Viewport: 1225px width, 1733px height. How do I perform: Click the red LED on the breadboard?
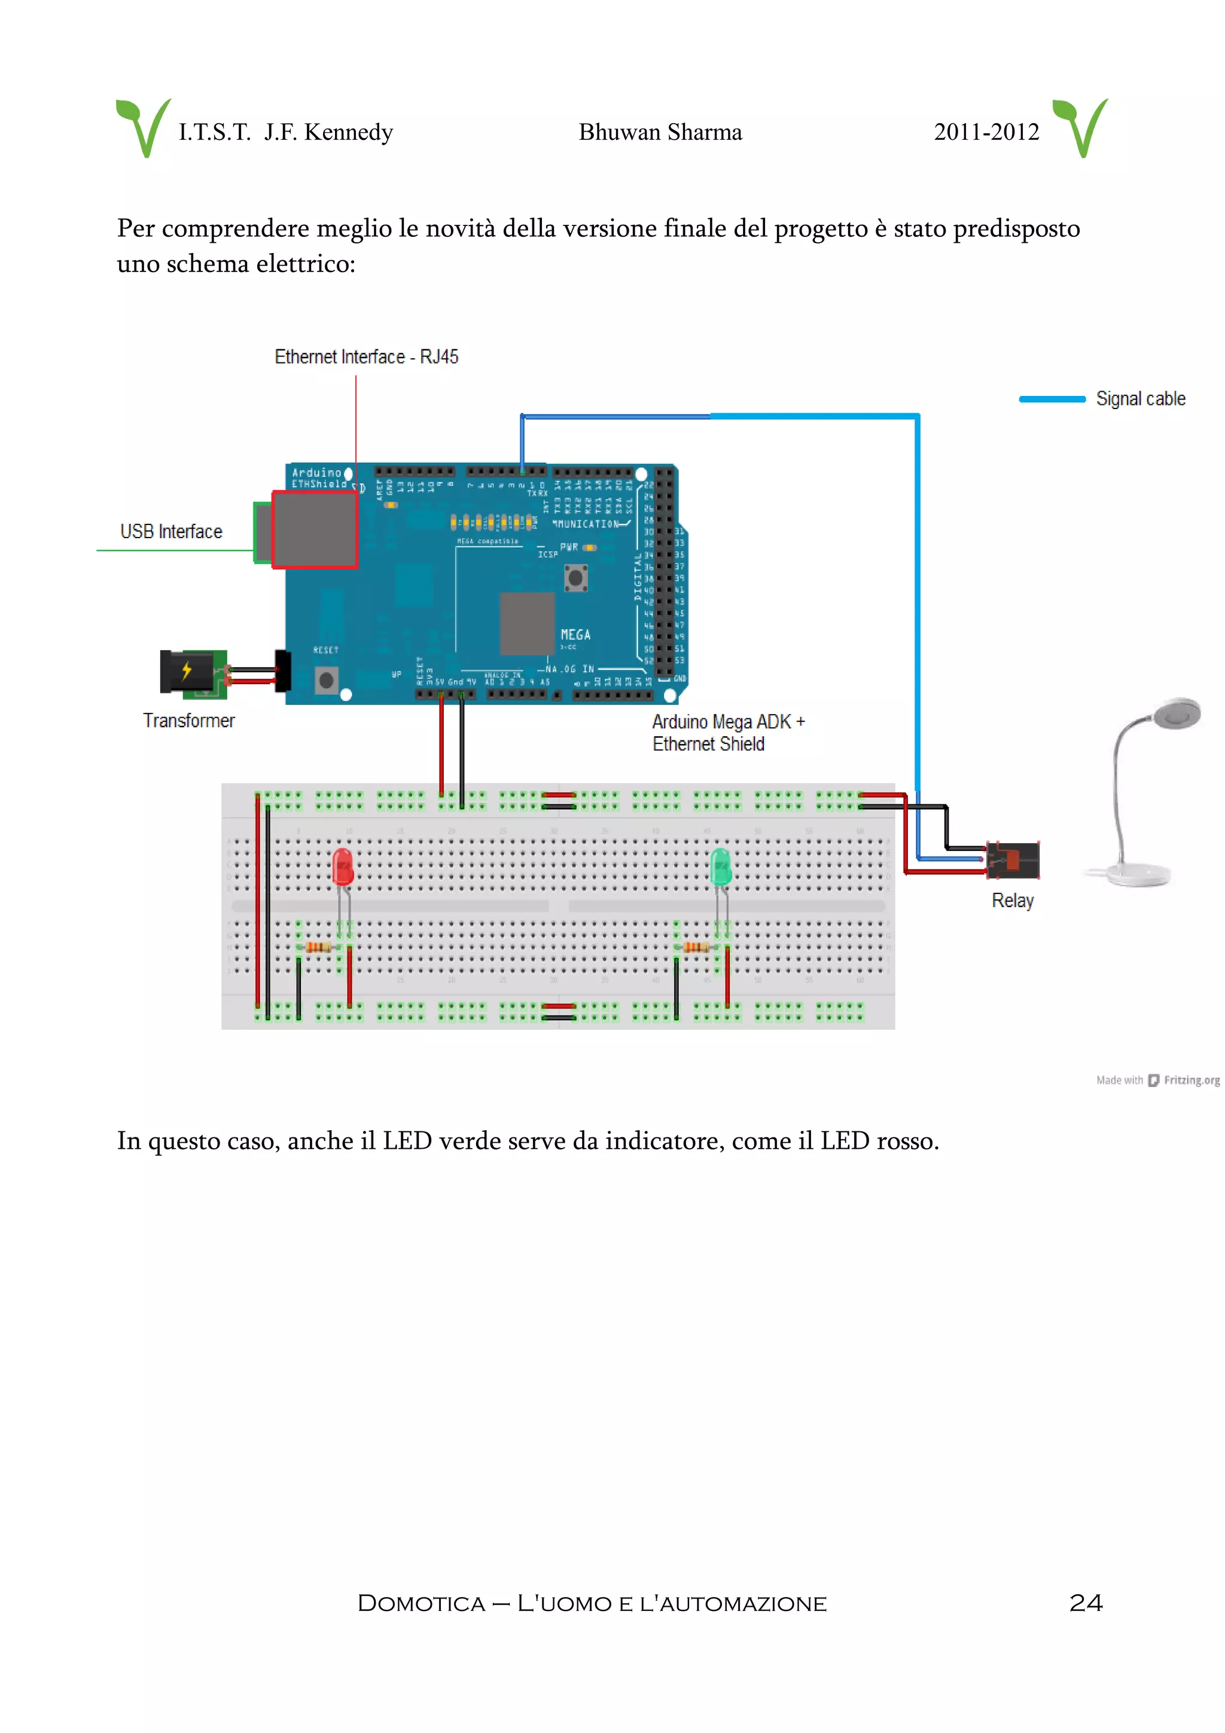click(343, 866)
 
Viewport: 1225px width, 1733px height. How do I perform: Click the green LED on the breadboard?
click(721, 866)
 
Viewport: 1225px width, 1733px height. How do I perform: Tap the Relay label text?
click(1012, 901)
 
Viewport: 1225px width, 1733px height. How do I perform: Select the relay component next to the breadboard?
click(1014, 860)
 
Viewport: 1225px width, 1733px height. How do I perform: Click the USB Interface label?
click(171, 532)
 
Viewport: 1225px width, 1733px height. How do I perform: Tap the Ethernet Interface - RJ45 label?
click(366, 356)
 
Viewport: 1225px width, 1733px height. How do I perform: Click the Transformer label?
click(188, 720)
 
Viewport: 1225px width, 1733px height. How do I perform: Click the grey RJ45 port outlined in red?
click(314, 529)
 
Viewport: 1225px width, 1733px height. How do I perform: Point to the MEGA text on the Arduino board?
click(575, 635)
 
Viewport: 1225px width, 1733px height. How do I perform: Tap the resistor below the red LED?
click(318, 947)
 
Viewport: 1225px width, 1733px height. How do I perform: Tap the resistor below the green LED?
click(696, 947)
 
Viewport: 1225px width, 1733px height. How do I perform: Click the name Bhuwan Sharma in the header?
click(660, 132)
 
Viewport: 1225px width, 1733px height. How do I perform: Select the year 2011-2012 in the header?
click(986, 132)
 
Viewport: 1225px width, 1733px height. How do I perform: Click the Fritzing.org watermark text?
click(1190, 1080)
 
